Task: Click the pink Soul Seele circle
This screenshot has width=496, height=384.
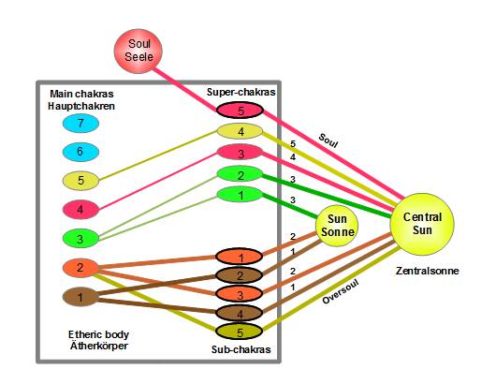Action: (139, 51)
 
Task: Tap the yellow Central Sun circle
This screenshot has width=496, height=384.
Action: (422, 224)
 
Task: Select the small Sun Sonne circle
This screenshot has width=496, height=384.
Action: (337, 226)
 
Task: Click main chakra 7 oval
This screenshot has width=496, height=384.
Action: (80, 123)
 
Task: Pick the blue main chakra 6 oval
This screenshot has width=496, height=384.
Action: (80, 152)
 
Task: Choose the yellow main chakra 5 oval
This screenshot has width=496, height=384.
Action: (80, 181)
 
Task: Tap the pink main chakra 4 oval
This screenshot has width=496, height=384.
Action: (80, 209)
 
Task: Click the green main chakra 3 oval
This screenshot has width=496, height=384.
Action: (80, 239)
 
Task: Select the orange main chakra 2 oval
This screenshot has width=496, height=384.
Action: (80, 268)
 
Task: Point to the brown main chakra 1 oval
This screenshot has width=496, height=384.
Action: (80, 297)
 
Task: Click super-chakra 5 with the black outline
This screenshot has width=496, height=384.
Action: (241, 111)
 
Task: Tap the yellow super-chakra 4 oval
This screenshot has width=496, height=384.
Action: (241, 131)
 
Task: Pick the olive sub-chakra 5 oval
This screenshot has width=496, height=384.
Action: (240, 332)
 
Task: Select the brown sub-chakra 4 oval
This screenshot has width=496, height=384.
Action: (240, 314)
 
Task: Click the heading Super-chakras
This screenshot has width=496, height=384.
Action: (241, 92)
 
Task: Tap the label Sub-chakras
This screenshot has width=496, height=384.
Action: (241, 349)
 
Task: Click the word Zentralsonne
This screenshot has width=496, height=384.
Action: (427, 271)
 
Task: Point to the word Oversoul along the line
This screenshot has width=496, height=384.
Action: (341, 291)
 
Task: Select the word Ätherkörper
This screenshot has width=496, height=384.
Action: (99, 346)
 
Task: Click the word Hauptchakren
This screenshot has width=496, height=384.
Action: (81, 106)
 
